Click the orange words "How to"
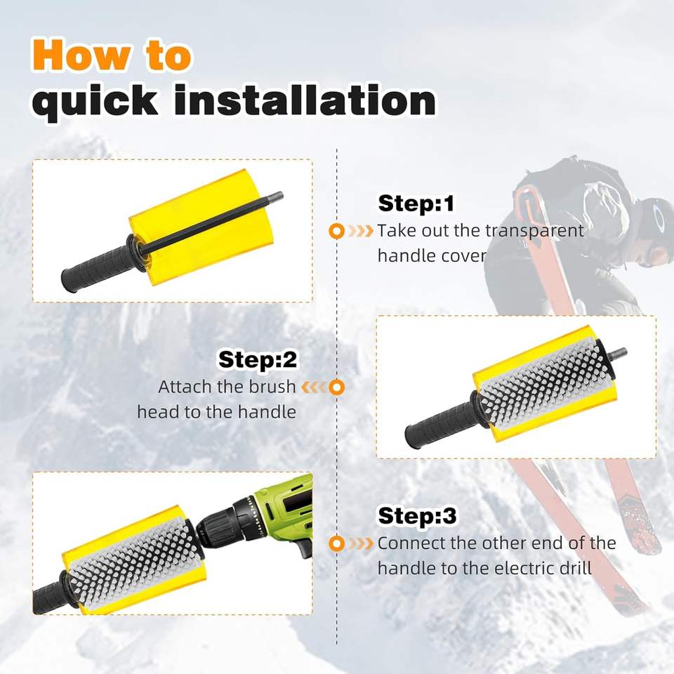point(112,55)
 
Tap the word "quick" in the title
point(95,103)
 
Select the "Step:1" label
point(416,204)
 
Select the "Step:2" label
point(258,359)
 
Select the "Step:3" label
point(417,515)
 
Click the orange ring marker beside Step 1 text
point(336,231)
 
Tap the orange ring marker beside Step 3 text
point(336,543)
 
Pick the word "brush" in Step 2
point(272,386)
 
